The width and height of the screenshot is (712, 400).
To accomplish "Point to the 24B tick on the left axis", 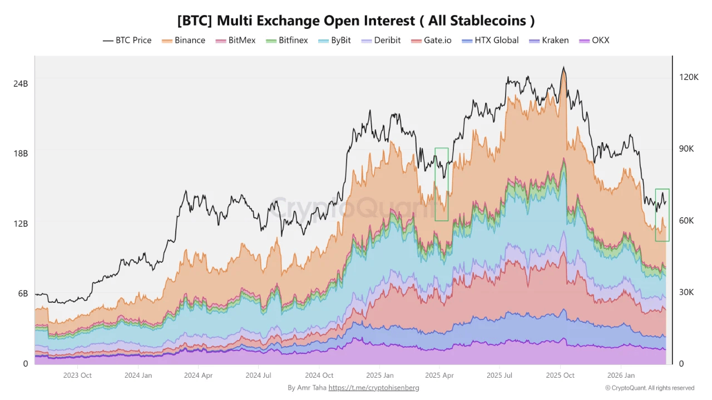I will [21, 83].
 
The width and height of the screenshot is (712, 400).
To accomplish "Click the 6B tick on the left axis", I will [22, 293].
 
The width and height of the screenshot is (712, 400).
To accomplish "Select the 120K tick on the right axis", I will [689, 77].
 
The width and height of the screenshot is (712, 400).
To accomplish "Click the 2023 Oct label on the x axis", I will [77, 376].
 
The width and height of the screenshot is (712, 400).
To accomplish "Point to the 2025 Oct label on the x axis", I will [560, 376].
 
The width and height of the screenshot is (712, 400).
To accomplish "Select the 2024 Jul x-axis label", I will [259, 376].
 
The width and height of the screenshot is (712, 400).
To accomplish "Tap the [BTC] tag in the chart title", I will [195, 21].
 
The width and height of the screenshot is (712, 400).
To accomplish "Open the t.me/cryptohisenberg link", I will [374, 388].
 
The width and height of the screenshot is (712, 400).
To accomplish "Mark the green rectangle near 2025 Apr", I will [442, 184].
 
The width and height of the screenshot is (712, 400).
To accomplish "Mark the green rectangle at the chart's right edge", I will [662, 215].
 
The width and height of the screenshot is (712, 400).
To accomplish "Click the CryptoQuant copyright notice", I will [650, 388].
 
